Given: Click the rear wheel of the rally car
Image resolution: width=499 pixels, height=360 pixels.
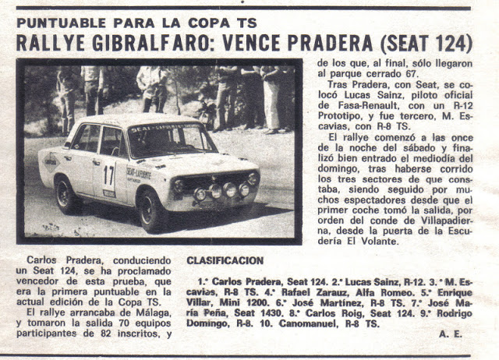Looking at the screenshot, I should (x=66, y=193).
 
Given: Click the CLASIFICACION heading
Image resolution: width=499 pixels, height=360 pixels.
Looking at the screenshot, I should (x=225, y=260).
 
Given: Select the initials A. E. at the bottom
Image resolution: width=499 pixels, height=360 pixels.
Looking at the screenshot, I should (x=451, y=333).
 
